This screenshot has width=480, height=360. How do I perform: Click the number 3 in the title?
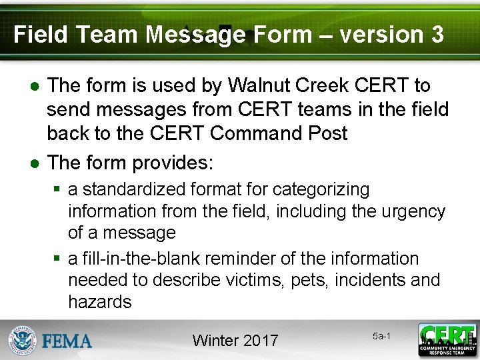tap(437, 34)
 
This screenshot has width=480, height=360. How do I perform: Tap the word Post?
tap(325, 133)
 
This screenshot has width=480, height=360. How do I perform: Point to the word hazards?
tap(100, 301)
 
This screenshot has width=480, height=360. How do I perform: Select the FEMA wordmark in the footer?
tap(67, 341)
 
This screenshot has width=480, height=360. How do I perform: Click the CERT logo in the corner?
tap(447, 339)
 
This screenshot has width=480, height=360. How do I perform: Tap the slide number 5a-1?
tap(381, 336)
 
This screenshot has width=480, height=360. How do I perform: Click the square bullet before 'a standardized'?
tap(58, 190)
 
